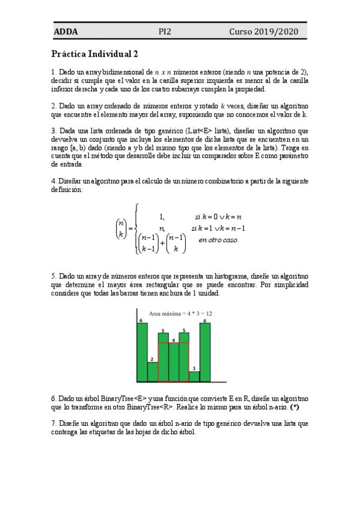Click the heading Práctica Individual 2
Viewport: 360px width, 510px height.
point(95,54)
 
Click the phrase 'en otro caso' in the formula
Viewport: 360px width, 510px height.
point(218,240)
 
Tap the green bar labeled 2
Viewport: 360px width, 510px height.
point(152,372)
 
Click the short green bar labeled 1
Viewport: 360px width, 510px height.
point(194,376)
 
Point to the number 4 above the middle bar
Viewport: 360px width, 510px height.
point(173,340)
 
